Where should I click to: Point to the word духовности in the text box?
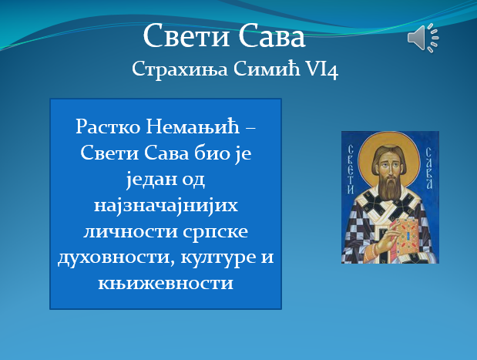(x=105, y=257)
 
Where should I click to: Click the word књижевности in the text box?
(x=166, y=283)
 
